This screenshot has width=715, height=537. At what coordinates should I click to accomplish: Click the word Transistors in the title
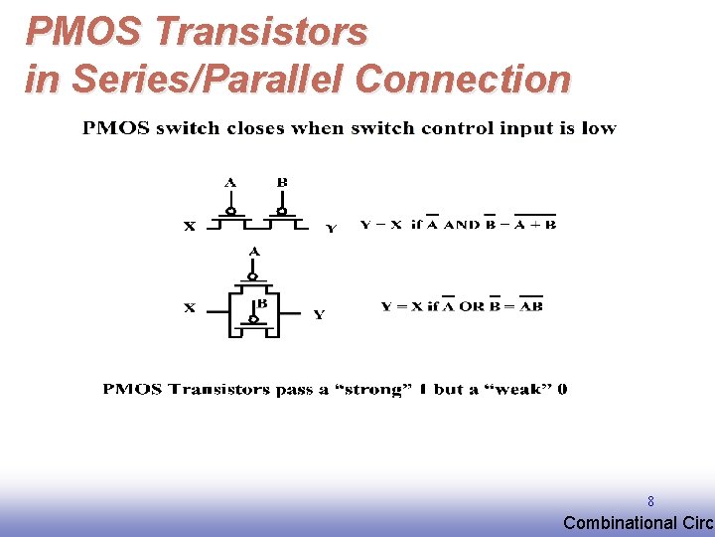(261, 32)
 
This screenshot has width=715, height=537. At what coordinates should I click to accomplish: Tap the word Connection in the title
(462, 79)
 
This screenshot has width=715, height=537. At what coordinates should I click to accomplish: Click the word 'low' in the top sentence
(598, 128)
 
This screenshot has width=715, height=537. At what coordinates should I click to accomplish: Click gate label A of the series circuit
(230, 182)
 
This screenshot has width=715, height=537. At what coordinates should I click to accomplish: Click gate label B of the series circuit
(282, 182)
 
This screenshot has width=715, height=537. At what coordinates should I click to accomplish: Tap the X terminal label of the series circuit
(189, 226)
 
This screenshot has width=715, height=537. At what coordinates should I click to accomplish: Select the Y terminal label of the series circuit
(332, 228)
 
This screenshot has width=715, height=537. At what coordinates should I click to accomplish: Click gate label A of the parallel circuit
(254, 252)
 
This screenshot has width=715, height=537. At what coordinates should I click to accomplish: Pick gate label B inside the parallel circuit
(262, 303)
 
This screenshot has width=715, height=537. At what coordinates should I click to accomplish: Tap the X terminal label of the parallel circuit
(189, 308)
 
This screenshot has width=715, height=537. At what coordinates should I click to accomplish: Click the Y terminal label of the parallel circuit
(319, 314)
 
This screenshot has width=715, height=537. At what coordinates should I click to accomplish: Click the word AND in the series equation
(462, 225)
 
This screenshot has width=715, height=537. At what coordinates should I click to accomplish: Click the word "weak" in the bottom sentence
(520, 389)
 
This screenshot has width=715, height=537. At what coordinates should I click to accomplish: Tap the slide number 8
(650, 502)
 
